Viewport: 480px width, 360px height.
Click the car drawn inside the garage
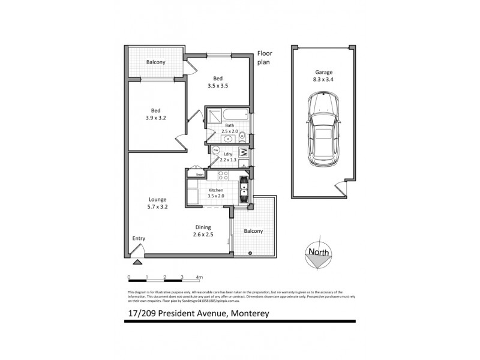(322, 131)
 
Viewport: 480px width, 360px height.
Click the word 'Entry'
(139, 238)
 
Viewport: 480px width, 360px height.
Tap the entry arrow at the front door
(137, 261)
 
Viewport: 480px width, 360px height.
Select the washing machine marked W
(244, 152)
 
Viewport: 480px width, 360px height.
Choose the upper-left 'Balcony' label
(156, 62)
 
